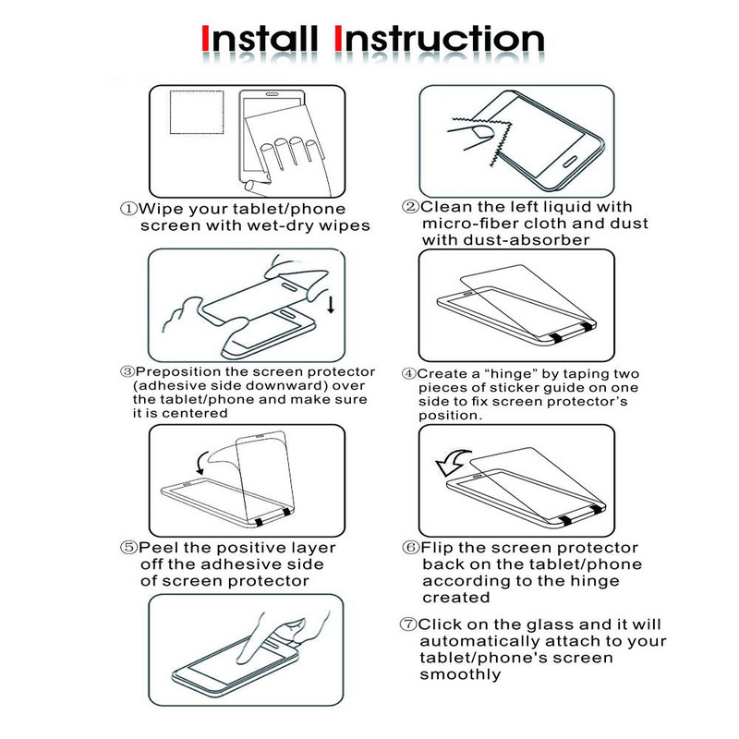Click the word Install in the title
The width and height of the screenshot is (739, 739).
pyautogui.click(x=260, y=39)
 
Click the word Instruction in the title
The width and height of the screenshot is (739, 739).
pyautogui.click(x=440, y=39)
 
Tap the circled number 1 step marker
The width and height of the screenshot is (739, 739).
pyautogui.click(x=128, y=209)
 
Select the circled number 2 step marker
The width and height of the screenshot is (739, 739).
pyautogui.click(x=410, y=206)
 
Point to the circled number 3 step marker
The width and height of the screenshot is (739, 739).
pyautogui.click(x=127, y=372)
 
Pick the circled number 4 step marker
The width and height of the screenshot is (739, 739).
pyautogui.click(x=409, y=374)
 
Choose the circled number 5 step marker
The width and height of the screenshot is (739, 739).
pyautogui.click(x=128, y=548)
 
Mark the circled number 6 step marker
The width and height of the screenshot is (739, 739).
pyautogui.click(x=410, y=548)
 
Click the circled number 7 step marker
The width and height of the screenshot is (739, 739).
pyautogui.click(x=408, y=624)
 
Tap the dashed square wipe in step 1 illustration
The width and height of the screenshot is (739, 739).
pyautogui.click(x=197, y=112)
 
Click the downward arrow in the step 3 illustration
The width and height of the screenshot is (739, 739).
pyautogui.click(x=331, y=305)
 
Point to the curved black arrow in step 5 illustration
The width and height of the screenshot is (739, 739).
pyautogui.click(x=202, y=463)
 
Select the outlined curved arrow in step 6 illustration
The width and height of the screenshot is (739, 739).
pyautogui.click(x=453, y=462)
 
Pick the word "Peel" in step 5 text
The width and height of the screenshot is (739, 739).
pyautogui.click(x=159, y=548)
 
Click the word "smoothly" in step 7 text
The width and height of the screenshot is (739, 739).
pyautogui.click(x=460, y=675)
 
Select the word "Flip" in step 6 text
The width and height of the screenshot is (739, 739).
pyautogui.click(x=436, y=548)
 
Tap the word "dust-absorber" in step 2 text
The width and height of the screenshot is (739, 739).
pyautogui.click(x=527, y=240)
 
